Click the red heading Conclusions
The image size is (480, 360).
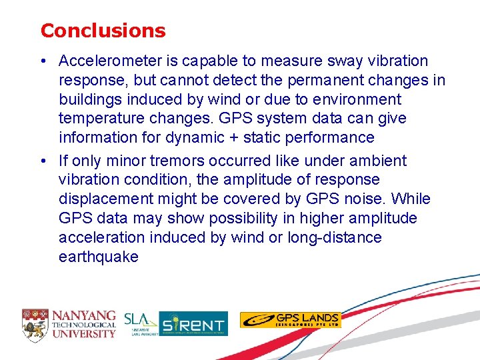click(x=103, y=31)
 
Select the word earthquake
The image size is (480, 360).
click(x=99, y=257)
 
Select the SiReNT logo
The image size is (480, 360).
click(x=193, y=323)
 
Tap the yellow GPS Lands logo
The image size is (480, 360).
click(x=290, y=320)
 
